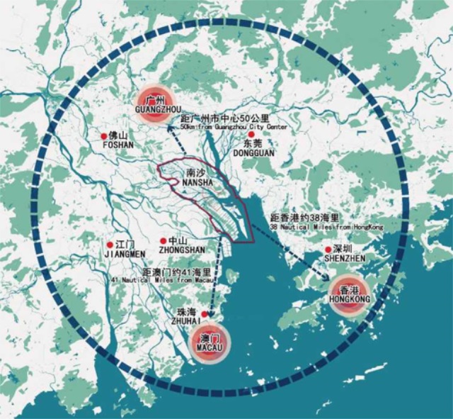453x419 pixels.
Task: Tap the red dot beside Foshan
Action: [x=103, y=135]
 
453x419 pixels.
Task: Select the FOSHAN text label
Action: [x=117, y=145]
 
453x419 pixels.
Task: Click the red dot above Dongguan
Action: [x=251, y=133]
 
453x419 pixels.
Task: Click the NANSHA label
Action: [x=197, y=182]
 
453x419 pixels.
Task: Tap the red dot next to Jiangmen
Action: [x=109, y=244]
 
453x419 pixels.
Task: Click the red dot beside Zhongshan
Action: [x=164, y=241]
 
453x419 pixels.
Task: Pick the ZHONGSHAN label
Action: [x=182, y=250]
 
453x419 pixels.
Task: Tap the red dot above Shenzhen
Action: [x=328, y=250]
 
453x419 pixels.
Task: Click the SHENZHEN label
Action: [x=345, y=259]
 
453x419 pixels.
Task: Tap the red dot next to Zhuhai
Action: [x=205, y=313]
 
